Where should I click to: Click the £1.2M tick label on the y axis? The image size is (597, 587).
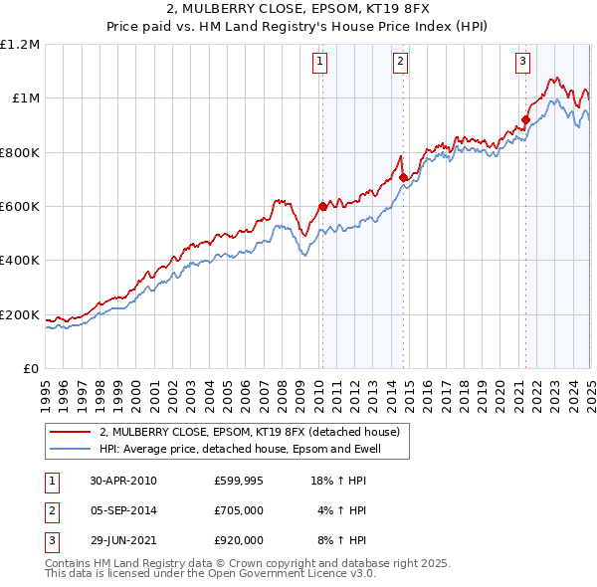[x=19, y=45]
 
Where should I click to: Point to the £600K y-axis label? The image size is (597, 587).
[x=19, y=207]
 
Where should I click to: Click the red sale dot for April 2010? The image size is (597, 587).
[x=322, y=207]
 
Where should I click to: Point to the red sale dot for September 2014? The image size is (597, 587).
[x=403, y=178]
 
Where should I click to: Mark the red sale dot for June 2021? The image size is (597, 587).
[x=525, y=120]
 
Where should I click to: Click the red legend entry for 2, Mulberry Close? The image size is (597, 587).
[x=249, y=432]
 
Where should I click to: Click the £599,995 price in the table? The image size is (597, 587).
[x=239, y=481]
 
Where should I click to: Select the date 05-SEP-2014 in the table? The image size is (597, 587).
[x=123, y=510]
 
